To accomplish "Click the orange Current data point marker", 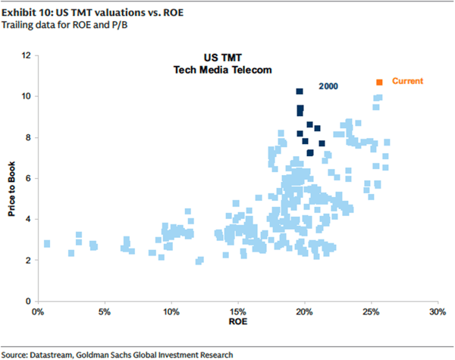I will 379,82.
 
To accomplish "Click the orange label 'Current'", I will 407,81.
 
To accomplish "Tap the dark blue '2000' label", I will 328,87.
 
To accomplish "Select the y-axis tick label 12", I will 26,55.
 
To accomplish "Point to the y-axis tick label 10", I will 26,96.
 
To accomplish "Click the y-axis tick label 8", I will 28,137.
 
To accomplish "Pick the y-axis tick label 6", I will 28,178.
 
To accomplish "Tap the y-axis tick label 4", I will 28,220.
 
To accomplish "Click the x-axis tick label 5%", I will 104,311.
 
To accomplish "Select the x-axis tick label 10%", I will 171,311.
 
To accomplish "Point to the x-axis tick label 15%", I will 238,311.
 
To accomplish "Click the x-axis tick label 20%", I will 305,311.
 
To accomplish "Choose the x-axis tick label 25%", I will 372,311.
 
